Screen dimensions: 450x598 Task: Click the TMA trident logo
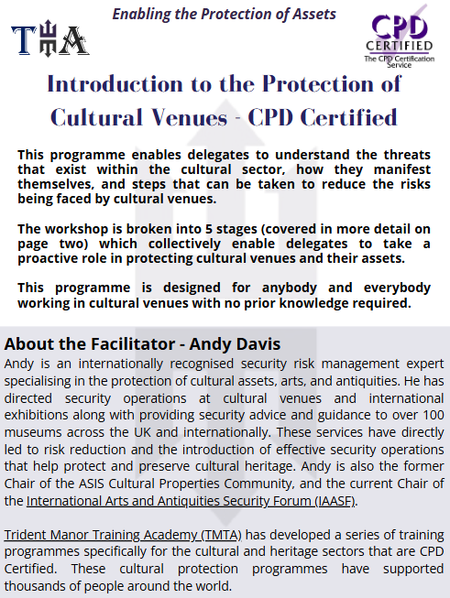pos(50,38)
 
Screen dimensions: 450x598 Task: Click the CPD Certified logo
pos(400,37)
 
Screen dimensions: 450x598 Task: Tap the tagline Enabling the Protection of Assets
pos(224,14)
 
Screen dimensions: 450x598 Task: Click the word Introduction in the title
pos(115,83)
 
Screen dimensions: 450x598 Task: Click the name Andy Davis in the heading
pos(236,344)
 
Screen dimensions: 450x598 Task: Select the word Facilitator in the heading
pos(133,344)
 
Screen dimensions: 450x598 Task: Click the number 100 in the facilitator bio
pos(434,415)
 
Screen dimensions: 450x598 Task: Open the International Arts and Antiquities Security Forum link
pos(191,501)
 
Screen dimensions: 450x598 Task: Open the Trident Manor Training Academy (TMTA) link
pos(123,535)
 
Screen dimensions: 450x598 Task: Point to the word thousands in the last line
pos(33,586)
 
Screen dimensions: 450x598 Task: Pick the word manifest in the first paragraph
pos(402,169)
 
